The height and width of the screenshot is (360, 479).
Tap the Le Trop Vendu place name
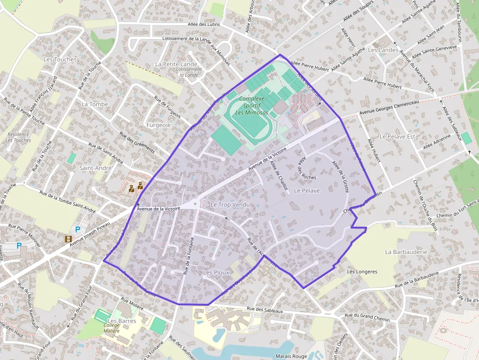click(x=230, y=205)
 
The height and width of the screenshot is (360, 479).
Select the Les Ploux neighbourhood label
click(x=216, y=272)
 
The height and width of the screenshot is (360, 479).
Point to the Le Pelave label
click(x=306, y=191)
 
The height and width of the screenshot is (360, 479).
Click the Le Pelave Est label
click(x=397, y=136)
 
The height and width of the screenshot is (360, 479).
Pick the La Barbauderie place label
click(x=406, y=252)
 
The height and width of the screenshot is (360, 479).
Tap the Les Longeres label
click(x=362, y=272)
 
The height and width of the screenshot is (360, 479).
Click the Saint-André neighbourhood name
click(x=95, y=168)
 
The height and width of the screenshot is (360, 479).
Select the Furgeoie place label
click(x=158, y=125)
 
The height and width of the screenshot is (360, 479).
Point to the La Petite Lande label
click(x=176, y=64)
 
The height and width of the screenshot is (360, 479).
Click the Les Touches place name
click(x=60, y=59)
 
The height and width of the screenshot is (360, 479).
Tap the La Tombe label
click(x=95, y=104)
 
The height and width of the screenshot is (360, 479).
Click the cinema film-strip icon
click(x=68, y=239)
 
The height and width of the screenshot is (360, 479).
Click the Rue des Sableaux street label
click(x=265, y=310)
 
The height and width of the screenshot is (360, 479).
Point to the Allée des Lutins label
click(x=204, y=24)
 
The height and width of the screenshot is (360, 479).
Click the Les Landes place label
click(x=383, y=50)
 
